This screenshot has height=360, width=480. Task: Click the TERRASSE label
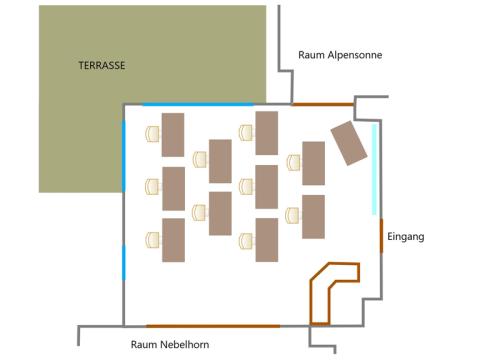coord(102,65)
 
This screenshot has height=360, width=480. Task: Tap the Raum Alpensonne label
coord(340,55)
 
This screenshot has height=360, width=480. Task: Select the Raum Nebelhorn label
coord(170,344)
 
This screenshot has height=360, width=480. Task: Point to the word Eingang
coord(406,237)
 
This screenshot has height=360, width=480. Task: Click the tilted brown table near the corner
coord(349,143)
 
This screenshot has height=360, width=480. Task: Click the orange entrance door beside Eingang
coord(382,236)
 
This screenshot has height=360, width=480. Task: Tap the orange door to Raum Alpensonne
coord(323,104)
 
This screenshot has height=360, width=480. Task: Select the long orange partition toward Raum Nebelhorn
coord(213,326)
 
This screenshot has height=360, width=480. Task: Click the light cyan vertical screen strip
coord(374,169)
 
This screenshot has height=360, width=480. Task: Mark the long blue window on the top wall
coord(198,104)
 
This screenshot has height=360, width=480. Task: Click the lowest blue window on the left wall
coord(124,263)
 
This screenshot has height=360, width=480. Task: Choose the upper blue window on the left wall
coord(124,156)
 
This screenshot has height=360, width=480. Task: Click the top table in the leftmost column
coord(173,135)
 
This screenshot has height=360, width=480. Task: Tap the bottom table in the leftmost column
coord(173,240)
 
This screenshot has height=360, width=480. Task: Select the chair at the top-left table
coord(153,134)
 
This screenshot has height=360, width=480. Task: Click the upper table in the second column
coord(220,161)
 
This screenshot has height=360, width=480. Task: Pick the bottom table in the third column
coord(267,240)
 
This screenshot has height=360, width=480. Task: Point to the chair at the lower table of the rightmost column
coord(293,215)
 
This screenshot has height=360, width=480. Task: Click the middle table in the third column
coord(267,187)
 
